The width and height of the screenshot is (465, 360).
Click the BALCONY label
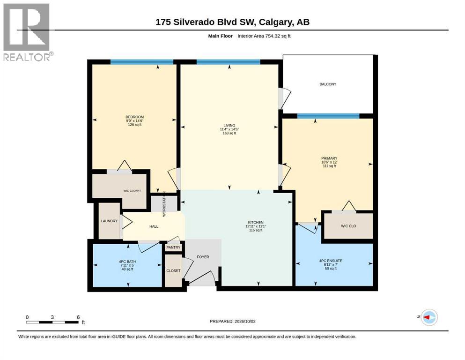(x=328, y=84)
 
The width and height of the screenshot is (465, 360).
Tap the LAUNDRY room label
(x=109, y=221)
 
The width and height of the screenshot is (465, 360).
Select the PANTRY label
(x=173, y=247)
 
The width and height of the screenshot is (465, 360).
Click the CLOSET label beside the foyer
(x=173, y=270)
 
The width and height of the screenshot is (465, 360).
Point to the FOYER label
(x=203, y=257)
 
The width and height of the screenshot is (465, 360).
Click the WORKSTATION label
(x=164, y=204)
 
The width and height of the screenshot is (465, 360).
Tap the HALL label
(x=154, y=226)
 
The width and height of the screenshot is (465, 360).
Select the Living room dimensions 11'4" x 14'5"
(x=229, y=129)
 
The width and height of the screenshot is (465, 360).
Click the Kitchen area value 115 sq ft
(x=256, y=230)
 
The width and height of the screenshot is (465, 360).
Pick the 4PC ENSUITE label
(x=331, y=261)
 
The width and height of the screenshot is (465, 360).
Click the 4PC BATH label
(x=127, y=262)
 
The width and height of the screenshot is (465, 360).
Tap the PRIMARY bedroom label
(x=329, y=158)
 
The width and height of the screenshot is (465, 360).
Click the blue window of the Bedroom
(x=142, y=62)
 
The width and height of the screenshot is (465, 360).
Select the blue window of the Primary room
(x=328, y=116)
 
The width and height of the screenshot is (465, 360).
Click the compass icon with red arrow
(x=429, y=317)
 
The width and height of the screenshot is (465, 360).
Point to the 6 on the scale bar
(x=78, y=317)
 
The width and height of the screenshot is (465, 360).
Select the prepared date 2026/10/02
(x=244, y=321)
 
